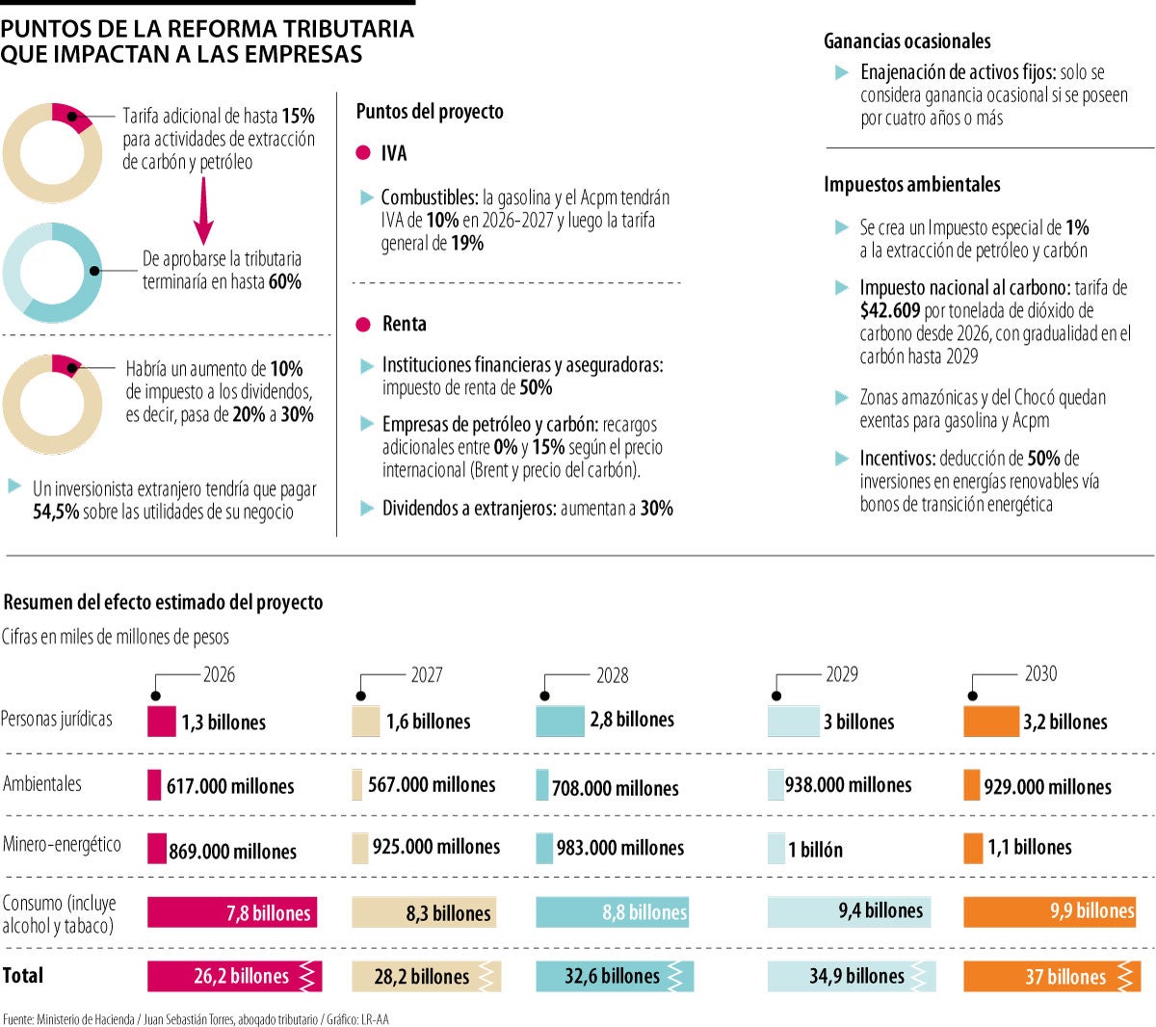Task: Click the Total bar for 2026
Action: pos(234,976)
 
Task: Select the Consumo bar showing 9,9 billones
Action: pos(1049,911)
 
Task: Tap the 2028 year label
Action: pos(612,675)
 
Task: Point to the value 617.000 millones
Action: pos(230,786)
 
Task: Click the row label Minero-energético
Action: pos(63,845)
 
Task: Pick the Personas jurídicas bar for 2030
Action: pos(990,721)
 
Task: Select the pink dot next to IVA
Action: pos(363,153)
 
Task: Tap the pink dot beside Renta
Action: pos(363,325)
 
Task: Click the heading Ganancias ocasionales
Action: pos(906,41)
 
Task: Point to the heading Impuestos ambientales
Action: pos(911,185)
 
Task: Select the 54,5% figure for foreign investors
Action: pos(56,513)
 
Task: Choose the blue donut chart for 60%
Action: pos(52,272)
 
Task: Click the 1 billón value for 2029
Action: pos(815,850)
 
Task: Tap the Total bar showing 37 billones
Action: pos(1052,976)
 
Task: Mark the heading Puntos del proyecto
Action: pos(430,112)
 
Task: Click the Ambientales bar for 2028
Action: pos(542,785)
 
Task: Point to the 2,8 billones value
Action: pos(632,720)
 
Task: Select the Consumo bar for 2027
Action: pos(423,912)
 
